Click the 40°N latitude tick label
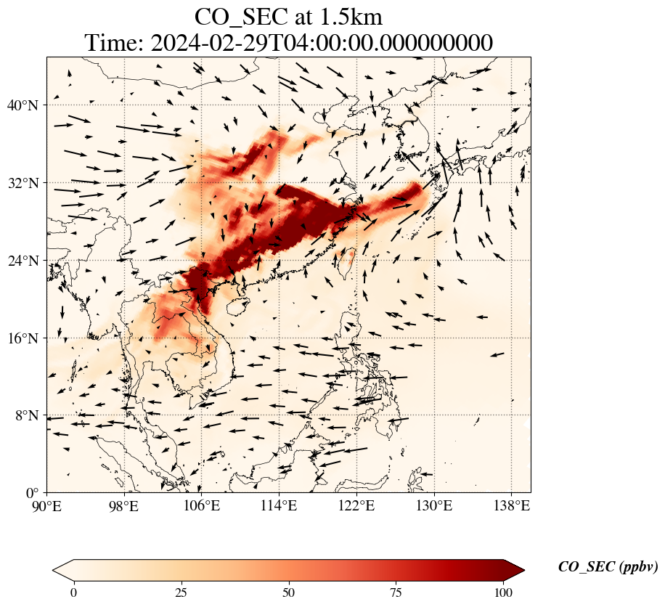pyautogui.click(x=27, y=105)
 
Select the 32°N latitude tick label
pyautogui.click(x=27, y=183)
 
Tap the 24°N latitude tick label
pyautogui.click(x=27, y=261)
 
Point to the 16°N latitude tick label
pyautogui.click(x=27, y=338)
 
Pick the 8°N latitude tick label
pyautogui.click(x=30, y=415)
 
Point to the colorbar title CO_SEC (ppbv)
pyautogui.click(x=608, y=567)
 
